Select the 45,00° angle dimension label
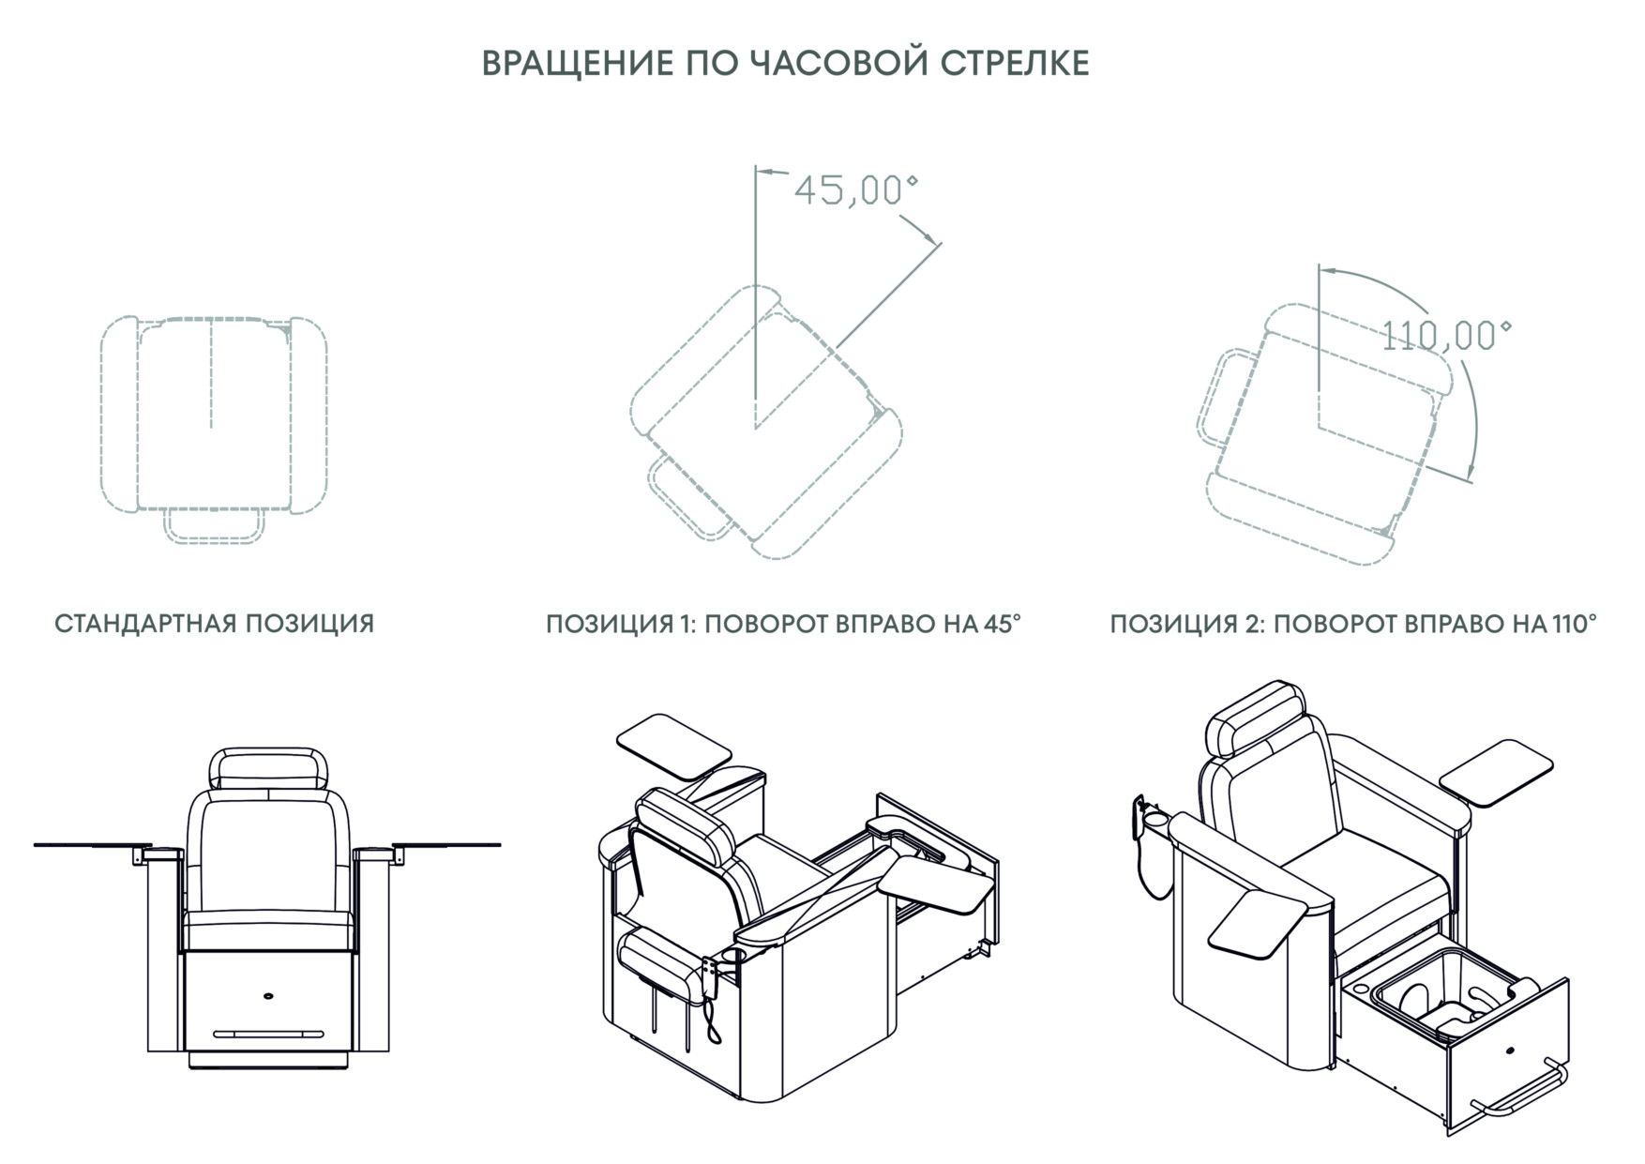click(855, 190)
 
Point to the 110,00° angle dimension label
click(1445, 334)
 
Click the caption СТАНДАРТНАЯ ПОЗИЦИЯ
click(215, 624)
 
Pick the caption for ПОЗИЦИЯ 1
click(783, 624)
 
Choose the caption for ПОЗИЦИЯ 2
click(1353, 624)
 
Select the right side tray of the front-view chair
click(446, 845)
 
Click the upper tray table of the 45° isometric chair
click(673, 745)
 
